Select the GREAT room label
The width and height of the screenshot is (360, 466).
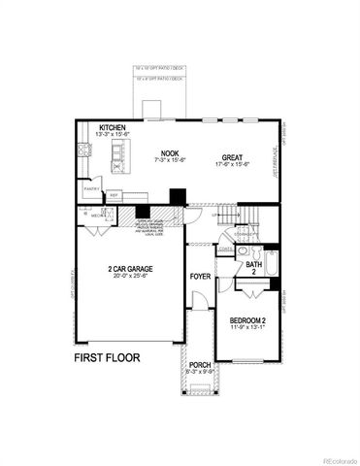(x=231, y=157)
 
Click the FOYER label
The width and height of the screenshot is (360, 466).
(x=201, y=275)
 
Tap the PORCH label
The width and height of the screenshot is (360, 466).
(x=200, y=365)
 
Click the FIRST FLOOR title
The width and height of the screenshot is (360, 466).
(x=107, y=357)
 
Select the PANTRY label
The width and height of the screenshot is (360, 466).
(x=93, y=189)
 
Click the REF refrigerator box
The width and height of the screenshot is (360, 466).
(x=114, y=194)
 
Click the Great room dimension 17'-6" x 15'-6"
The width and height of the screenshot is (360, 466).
(x=232, y=164)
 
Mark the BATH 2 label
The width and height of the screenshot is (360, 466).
(x=253, y=267)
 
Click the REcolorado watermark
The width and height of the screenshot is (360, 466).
(x=335, y=458)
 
